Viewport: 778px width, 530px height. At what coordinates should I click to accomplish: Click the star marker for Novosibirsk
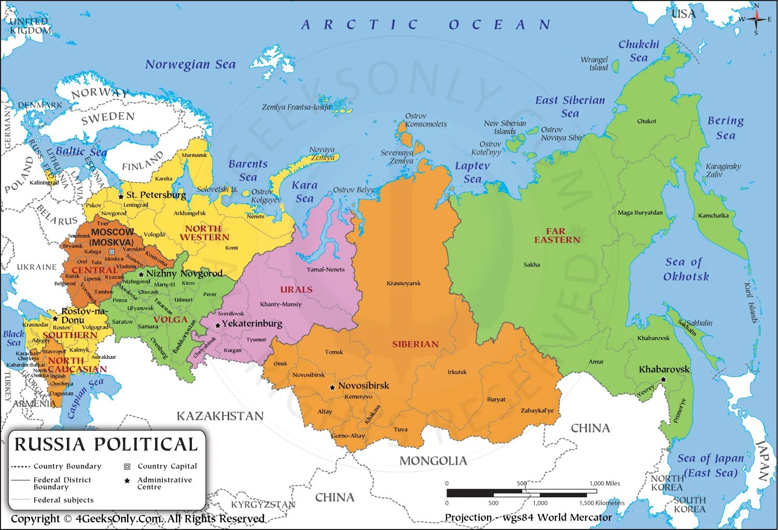(332, 387)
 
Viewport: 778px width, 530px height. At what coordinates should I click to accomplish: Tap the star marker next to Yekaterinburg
(218, 325)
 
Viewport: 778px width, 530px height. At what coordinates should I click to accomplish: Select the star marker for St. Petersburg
(121, 196)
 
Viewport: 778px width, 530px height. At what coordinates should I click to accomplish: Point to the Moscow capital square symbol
(112, 252)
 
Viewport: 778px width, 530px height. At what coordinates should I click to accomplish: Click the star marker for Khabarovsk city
(663, 380)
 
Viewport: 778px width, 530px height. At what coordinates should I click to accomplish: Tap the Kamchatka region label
(713, 216)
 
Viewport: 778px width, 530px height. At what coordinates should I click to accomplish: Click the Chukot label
(646, 121)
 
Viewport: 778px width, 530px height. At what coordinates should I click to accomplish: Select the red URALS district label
(296, 290)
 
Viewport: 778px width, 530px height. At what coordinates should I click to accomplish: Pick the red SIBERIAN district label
(415, 344)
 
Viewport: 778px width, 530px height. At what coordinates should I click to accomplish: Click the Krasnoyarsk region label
(404, 283)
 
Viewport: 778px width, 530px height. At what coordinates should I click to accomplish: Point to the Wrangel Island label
(594, 64)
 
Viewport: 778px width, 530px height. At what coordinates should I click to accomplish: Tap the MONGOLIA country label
(433, 461)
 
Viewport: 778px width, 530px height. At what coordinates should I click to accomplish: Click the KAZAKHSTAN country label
(220, 416)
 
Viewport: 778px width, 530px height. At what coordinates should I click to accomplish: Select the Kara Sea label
(304, 192)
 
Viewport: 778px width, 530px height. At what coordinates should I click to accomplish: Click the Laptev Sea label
(472, 172)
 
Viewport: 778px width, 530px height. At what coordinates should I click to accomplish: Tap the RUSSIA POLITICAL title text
(106, 444)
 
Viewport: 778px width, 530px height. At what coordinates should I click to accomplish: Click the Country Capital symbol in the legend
(127, 466)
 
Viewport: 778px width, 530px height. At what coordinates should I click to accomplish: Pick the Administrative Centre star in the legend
(127, 481)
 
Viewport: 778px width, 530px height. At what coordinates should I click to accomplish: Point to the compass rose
(756, 19)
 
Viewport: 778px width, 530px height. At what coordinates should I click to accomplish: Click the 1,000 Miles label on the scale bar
(605, 483)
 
